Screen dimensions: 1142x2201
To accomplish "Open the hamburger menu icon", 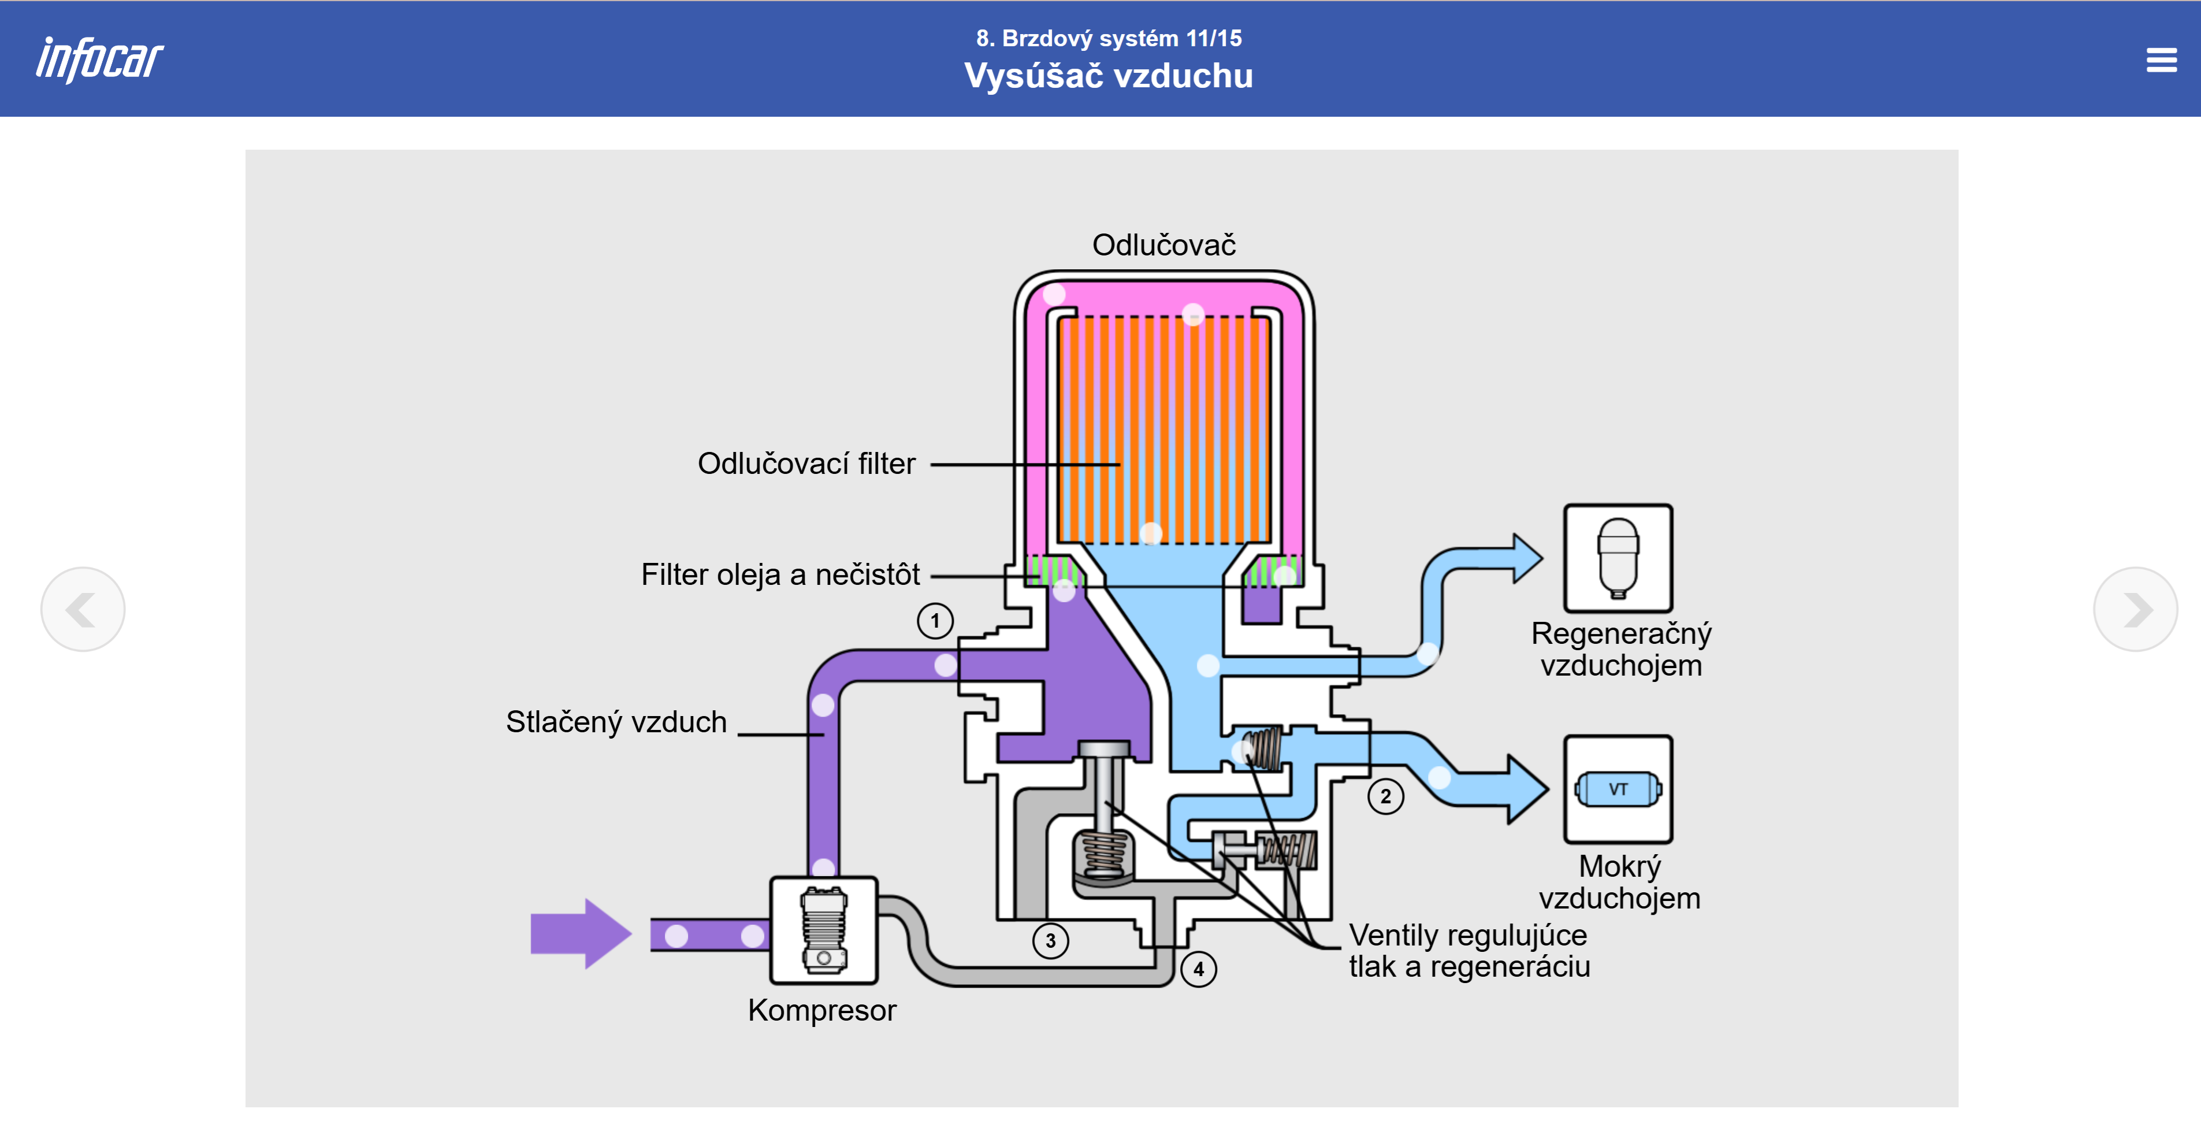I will pyautogui.click(x=2161, y=60).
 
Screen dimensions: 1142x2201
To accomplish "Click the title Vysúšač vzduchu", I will pyautogui.click(x=1108, y=76).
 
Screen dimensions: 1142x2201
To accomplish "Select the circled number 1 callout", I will pyautogui.click(x=935, y=621).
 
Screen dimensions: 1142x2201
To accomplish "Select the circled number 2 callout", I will pyautogui.click(x=1385, y=796).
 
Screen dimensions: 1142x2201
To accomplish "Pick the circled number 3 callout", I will pyautogui.click(x=1050, y=941).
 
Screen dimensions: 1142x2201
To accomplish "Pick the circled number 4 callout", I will pyautogui.click(x=1198, y=969).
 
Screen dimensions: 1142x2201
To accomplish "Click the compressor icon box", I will pyautogui.click(x=824, y=930).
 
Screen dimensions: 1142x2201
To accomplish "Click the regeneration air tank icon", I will pyautogui.click(x=1618, y=558).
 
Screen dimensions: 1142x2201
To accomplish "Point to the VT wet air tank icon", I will pyautogui.click(x=1618, y=789).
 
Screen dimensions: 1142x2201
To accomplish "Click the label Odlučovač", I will pyautogui.click(x=1163, y=245).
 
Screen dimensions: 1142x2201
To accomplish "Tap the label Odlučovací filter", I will pyautogui.click(x=806, y=464).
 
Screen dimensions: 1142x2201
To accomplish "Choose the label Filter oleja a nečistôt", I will pyautogui.click(x=780, y=574).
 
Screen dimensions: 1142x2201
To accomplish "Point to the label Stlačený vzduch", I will pyautogui.click(x=616, y=722).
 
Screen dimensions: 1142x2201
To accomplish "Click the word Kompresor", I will pyautogui.click(x=822, y=1010).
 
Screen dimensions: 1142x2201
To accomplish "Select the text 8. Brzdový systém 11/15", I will pyautogui.click(x=1108, y=39).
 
